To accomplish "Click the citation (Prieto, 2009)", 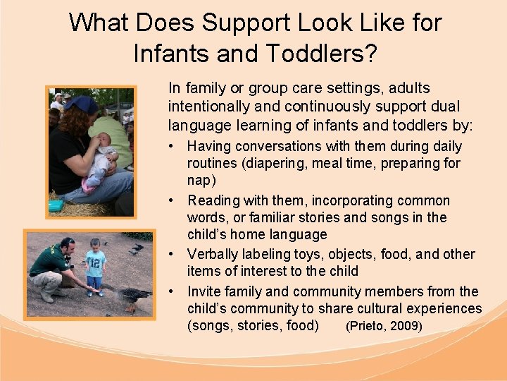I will tap(384, 327).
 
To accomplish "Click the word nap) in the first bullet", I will tap(201, 181).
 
